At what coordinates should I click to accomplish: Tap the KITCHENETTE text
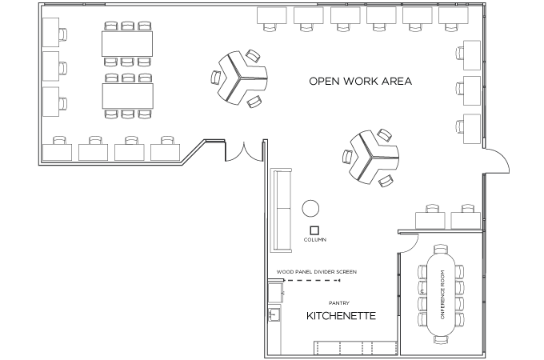point(342,317)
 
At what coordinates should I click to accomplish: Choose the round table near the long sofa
point(310,210)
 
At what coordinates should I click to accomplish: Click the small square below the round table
point(314,231)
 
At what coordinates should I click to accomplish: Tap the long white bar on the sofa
point(277,209)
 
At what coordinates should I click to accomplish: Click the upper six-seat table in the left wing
point(127,42)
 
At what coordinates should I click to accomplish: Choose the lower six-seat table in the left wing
point(127,96)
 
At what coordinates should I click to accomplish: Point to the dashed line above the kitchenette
point(313,280)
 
